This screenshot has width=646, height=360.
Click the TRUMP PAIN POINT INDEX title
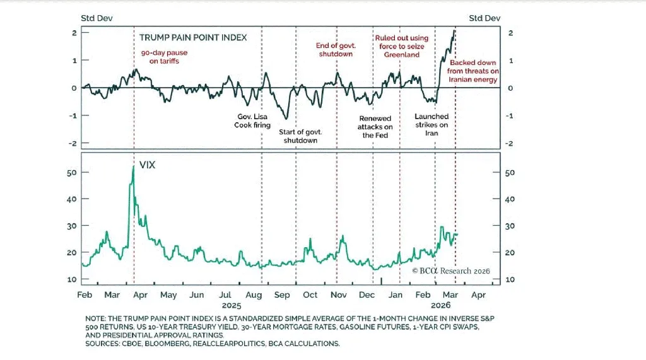coord(193,38)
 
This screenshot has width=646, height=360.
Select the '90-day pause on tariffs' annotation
coord(164,57)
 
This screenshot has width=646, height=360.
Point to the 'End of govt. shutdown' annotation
coord(335,49)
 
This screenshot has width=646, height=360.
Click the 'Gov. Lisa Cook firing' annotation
coord(253,121)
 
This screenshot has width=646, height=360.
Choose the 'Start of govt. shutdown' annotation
coord(300,136)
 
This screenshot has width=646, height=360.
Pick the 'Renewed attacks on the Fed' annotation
coord(375,127)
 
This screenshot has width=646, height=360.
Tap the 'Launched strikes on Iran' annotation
coord(432,125)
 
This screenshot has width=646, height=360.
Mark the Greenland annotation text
coord(401,47)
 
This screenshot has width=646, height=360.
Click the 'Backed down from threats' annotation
coord(473,71)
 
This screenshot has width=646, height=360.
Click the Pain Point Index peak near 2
coord(454,31)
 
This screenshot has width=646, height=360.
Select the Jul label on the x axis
coord(225,295)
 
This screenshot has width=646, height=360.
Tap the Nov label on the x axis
coord(339,295)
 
